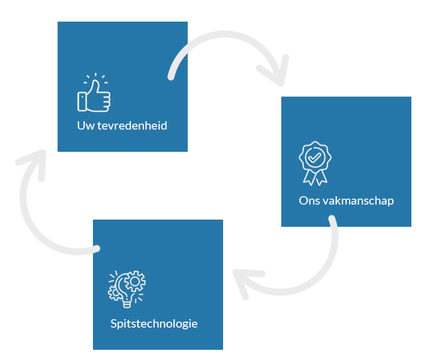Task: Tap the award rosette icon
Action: pyautogui.click(x=315, y=162)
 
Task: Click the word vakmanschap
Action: pyautogui.click(x=357, y=200)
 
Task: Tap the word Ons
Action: pyautogui.click(x=309, y=200)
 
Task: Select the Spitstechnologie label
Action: pyautogui.click(x=154, y=324)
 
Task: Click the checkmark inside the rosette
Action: pyautogui.click(x=315, y=157)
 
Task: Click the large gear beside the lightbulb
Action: pyautogui.click(x=136, y=280)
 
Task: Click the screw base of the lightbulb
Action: pyautogui.click(x=127, y=304)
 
